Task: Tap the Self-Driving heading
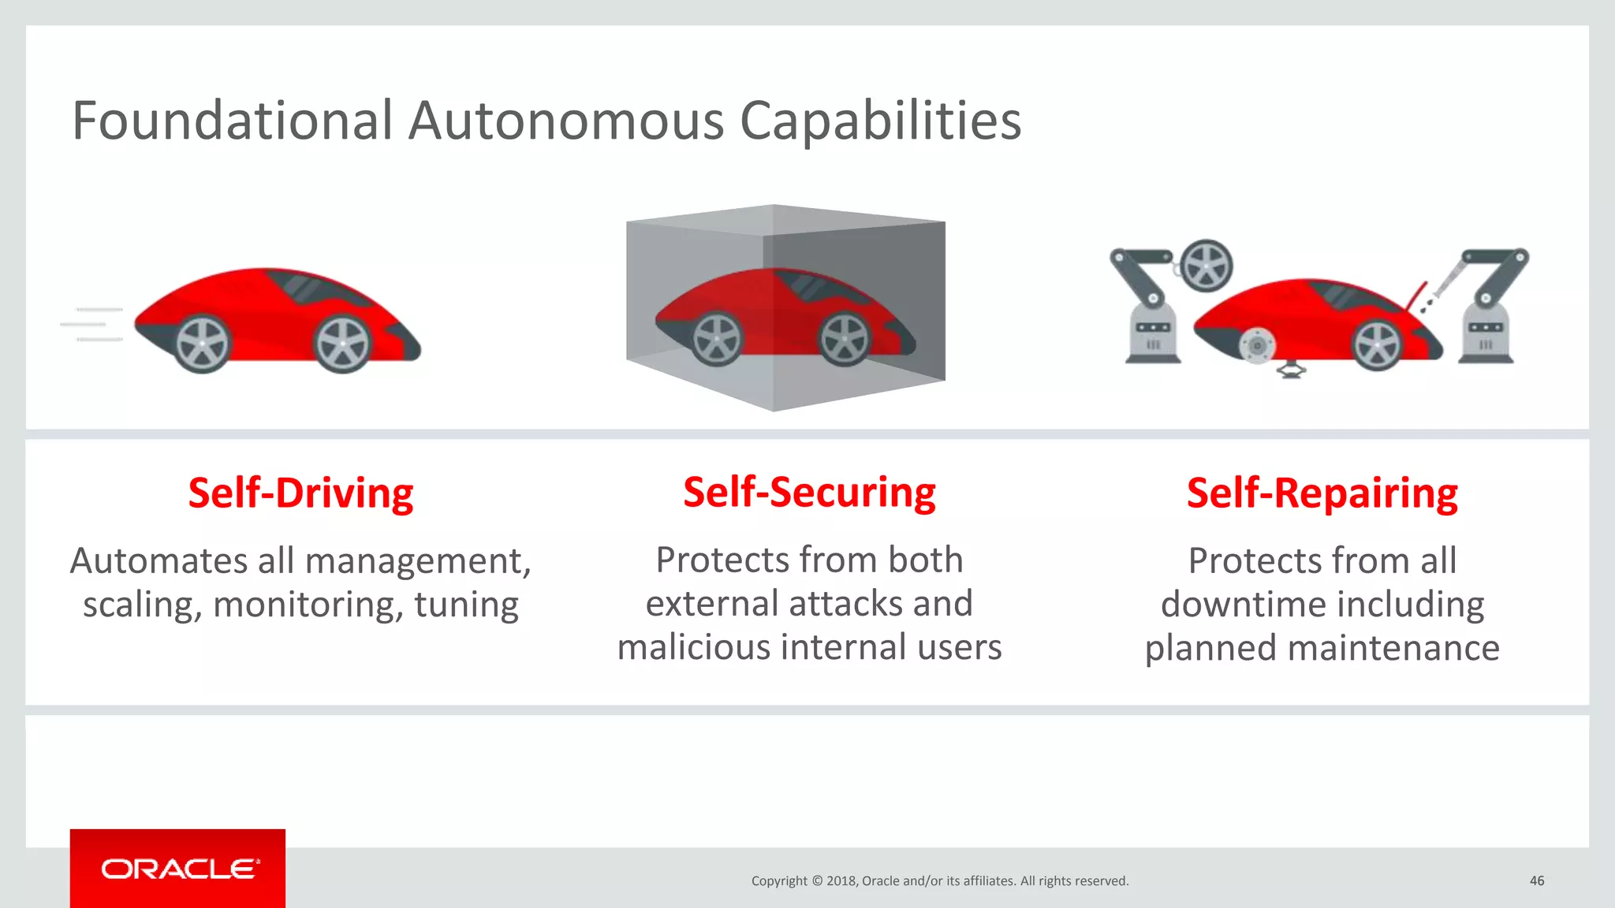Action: tap(300, 493)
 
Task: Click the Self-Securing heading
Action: tap(809, 493)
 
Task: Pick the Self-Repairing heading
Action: tap(1322, 493)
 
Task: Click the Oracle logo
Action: tap(178, 869)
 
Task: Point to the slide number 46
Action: tap(1536, 880)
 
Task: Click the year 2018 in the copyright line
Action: tap(841, 881)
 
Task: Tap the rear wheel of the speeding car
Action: tap(202, 344)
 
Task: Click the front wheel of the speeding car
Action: tap(341, 344)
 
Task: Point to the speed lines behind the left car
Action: tap(93, 324)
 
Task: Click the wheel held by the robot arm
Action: tap(1207, 266)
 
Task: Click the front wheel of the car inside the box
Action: tap(844, 340)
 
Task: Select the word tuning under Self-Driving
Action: tap(466, 605)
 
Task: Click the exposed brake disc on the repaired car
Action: tap(1256, 345)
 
